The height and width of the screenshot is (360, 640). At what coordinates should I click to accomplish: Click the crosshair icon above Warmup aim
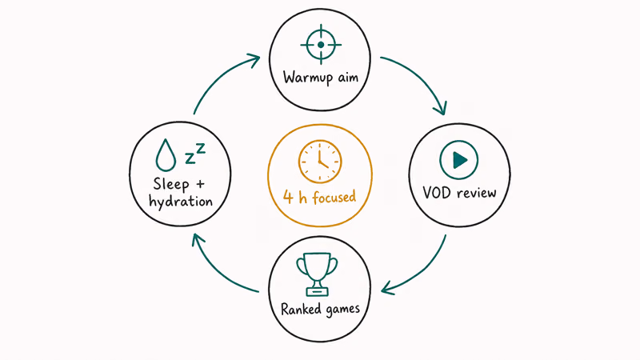pos(321,45)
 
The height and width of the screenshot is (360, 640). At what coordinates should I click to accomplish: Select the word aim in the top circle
pos(348,77)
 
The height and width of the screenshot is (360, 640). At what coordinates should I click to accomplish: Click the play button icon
pos(459,159)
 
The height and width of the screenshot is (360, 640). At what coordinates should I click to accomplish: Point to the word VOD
pos(437,192)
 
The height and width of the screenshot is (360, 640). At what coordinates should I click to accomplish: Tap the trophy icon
pos(318,274)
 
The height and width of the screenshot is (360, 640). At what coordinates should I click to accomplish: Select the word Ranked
pos(301,309)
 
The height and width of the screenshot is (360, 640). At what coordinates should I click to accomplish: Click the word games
pos(342,310)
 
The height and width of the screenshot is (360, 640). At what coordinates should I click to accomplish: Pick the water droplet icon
pos(166,155)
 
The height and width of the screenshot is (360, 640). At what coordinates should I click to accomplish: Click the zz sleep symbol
pos(195,154)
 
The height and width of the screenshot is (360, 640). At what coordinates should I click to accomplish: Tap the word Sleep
pos(171,184)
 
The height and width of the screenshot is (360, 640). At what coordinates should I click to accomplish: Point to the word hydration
pos(181,202)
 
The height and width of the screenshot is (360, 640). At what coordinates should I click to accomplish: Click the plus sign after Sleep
pos(200,184)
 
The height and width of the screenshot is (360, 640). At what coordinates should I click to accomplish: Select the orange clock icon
pos(320,162)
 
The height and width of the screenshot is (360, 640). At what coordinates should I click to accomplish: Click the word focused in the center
pos(334,197)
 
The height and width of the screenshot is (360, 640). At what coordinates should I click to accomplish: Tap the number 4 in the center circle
pos(288,197)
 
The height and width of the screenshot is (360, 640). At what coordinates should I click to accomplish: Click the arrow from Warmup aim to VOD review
pos(422,76)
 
